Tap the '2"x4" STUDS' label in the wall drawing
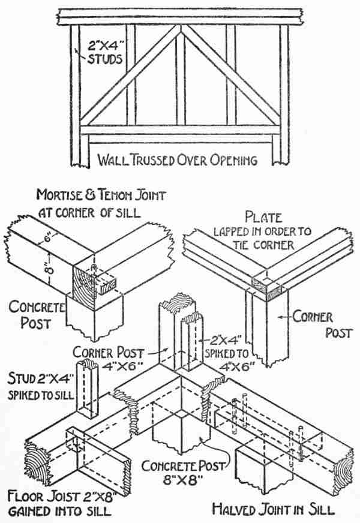coord(104,52)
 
